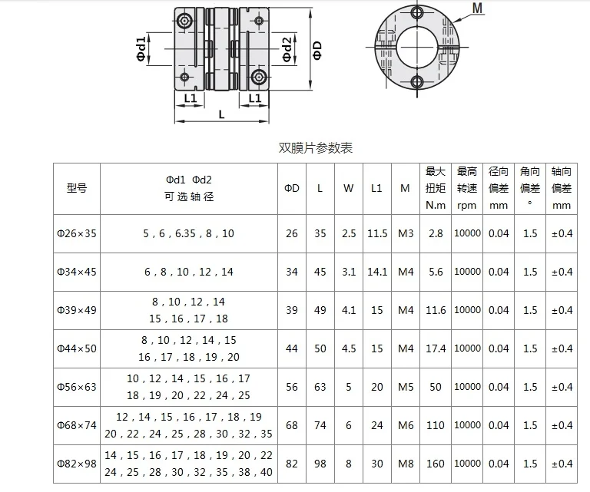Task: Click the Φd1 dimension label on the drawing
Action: coord(141,49)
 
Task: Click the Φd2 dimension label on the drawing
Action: coord(287,49)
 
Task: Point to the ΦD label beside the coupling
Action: coord(317,51)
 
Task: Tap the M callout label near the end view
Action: coord(477,8)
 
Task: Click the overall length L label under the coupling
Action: coord(221,114)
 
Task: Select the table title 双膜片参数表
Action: coord(315,147)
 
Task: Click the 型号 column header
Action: coord(77,188)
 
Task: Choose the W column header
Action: coord(349,188)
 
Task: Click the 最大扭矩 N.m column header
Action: coord(436,188)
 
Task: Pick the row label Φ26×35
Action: coord(77,233)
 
